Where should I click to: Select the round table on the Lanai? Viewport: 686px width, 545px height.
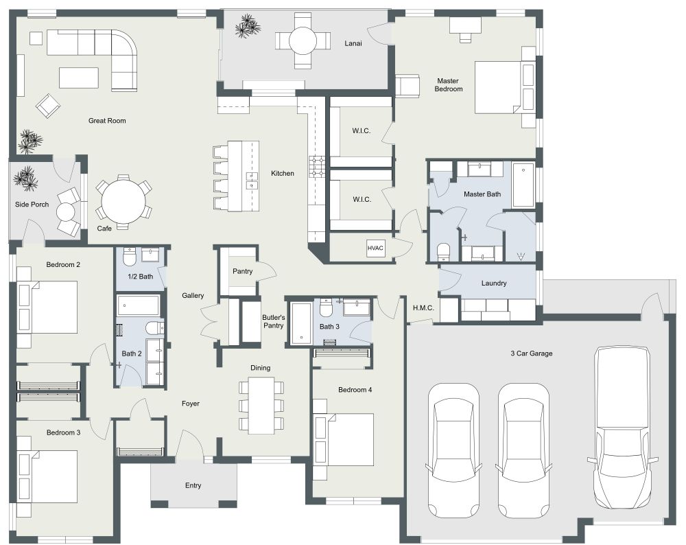pos(302,43)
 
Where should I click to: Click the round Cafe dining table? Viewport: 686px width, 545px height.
pos(121,202)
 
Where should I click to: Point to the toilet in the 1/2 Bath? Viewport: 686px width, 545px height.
pos(128,258)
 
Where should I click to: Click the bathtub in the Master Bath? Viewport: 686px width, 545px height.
pos(523,185)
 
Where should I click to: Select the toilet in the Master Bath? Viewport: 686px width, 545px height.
pos(443,252)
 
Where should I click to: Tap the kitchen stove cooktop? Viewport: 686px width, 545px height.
pos(318,167)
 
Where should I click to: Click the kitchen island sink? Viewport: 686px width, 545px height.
pos(252,181)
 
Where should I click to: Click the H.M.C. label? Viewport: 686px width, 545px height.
pos(423,308)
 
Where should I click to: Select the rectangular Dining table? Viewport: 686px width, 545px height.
pos(261,405)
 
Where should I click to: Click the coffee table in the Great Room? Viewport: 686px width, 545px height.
pos(79,77)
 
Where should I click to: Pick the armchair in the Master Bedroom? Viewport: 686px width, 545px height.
pos(407,86)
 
